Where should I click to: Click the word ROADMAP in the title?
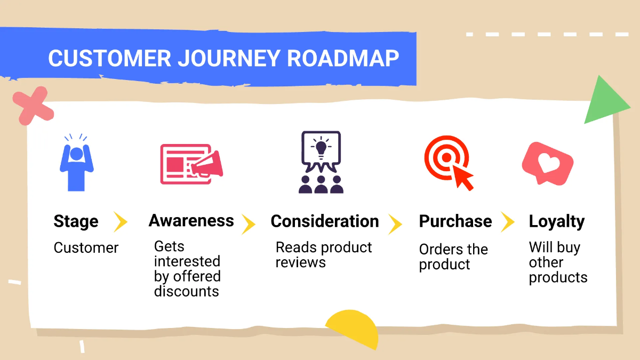pyautogui.click(x=343, y=58)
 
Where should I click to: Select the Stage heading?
pyautogui.click(x=76, y=221)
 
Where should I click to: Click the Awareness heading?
pyautogui.click(x=191, y=221)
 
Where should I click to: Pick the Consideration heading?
pyautogui.click(x=325, y=221)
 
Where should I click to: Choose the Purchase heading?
pyautogui.click(x=455, y=221)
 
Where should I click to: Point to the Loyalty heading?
pyautogui.click(x=556, y=221)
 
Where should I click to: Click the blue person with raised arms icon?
pyautogui.click(x=76, y=163)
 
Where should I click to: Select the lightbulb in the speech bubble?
pyautogui.click(x=321, y=146)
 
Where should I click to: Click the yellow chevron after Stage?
pyautogui.click(x=121, y=221)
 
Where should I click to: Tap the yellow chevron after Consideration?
pyautogui.click(x=395, y=224)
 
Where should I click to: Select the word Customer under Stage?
pyautogui.click(x=86, y=248)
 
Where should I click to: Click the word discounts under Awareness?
pyautogui.click(x=187, y=291)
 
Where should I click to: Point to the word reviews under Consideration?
pyautogui.click(x=300, y=262)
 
